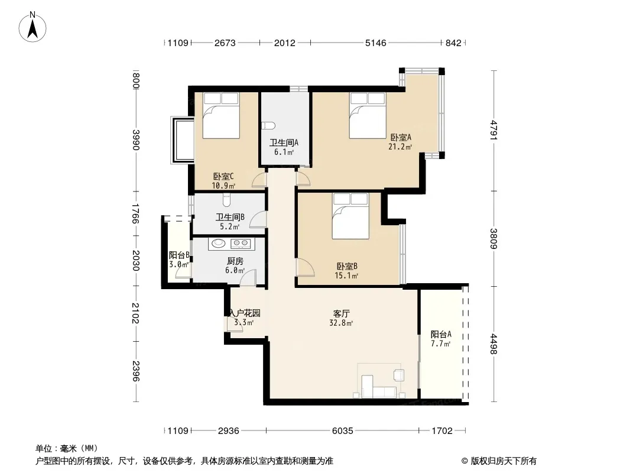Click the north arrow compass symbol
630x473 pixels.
33,27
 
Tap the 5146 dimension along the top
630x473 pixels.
376,43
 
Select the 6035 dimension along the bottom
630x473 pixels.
342,431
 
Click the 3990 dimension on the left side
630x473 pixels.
135,140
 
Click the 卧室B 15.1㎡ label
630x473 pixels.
347,271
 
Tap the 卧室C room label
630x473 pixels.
223,176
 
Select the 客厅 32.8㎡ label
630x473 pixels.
342,318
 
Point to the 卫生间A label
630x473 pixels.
284,142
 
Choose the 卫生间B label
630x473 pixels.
230,218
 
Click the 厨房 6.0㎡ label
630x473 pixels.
235,265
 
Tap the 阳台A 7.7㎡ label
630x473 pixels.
441,339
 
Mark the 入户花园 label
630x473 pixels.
245,313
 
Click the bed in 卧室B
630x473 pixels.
350,216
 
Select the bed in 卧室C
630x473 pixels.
221,116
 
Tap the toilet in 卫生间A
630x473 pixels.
268,126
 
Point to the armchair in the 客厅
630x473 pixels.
399,374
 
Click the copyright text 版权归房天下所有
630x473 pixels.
504,461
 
